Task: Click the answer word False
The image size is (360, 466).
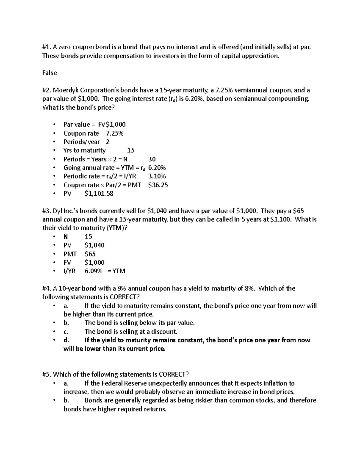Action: coord(49,73)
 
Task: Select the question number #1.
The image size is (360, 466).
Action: coord(47,47)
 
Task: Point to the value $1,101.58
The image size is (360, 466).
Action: coord(99,194)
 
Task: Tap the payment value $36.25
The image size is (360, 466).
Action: coord(158,185)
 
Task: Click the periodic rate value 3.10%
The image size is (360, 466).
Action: coord(157,176)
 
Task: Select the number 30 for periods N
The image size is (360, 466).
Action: coord(152,159)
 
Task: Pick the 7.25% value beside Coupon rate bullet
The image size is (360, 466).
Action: coord(115,134)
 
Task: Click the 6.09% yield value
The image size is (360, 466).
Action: coord(93,271)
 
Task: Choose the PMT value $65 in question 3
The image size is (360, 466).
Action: coord(90,254)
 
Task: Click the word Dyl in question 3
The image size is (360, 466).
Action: coord(57,211)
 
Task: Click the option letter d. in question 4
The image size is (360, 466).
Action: coord(66,340)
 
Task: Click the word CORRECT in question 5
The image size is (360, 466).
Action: coord(174,374)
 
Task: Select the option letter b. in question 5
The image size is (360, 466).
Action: coord(66,400)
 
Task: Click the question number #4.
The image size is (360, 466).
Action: coord(47,289)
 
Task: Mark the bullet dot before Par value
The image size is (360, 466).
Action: coord(54,125)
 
